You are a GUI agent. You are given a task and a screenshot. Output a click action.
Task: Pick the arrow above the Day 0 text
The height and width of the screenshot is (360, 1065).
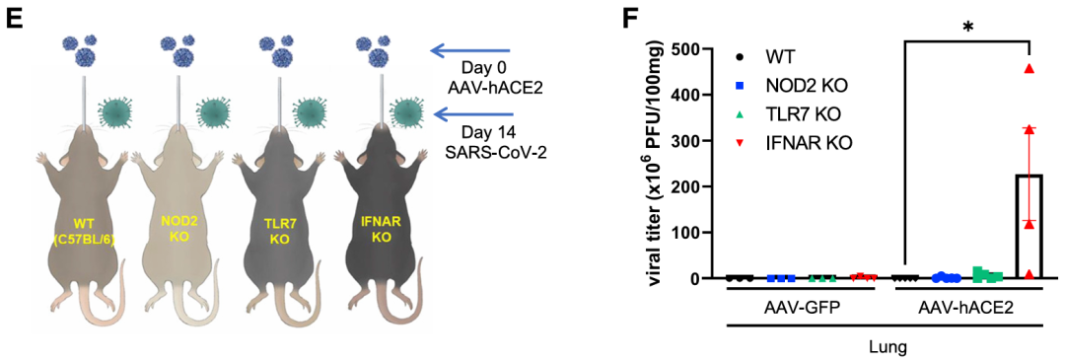point(470,49)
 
